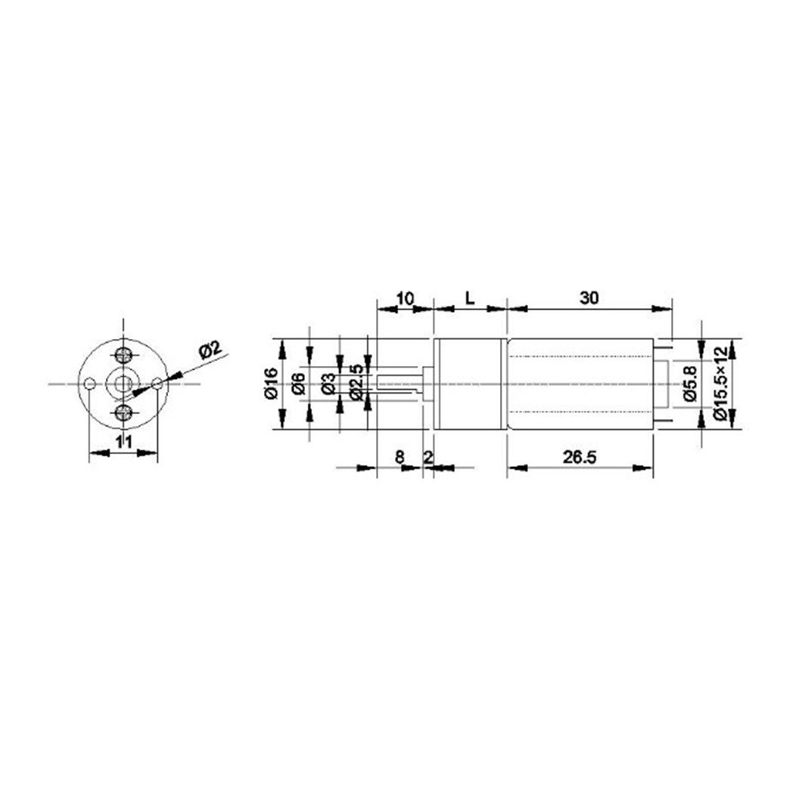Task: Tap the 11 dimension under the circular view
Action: pos(124,443)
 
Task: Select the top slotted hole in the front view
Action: pos(123,354)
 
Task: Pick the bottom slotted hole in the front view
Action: pos(123,412)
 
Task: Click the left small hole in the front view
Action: pos(90,384)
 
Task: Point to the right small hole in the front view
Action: pos(157,384)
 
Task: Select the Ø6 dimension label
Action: pos(298,384)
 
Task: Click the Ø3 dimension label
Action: pos(329,384)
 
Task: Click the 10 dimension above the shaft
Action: pos(405,298)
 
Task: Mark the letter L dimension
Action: pos(469,298)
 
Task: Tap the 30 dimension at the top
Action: pos(589,298)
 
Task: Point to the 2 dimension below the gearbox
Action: pos(428,457)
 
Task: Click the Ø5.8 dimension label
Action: pos(688,384)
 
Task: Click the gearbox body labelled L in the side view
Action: pos(469,384)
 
